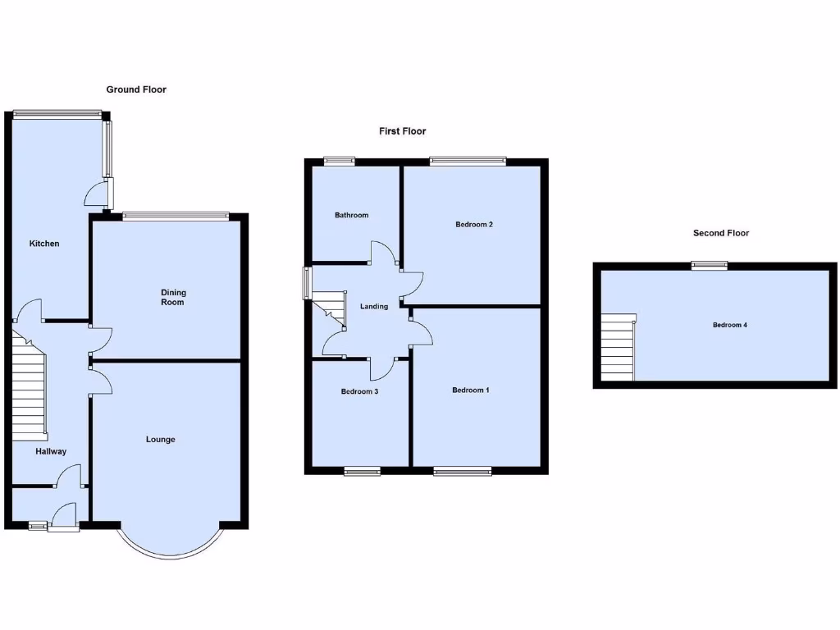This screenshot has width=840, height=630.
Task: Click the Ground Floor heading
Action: coord(136,89)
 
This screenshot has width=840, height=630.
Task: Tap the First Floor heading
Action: coord(402,131)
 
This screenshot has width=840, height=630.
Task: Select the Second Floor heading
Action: coord(720,233)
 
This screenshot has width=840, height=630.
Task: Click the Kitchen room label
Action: coord(44,244)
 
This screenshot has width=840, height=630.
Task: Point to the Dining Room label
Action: coord(172,297)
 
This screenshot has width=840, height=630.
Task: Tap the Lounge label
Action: coord(161,440)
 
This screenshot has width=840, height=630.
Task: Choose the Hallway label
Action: coord(51,451)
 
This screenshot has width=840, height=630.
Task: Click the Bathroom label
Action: coord(351,215)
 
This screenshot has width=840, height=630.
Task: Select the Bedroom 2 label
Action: coord(473,224)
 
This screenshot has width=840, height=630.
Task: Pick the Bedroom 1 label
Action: coord(471,390)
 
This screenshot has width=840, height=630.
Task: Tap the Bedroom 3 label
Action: coord(359,391)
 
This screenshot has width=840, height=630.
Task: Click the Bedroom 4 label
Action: coord(729,325)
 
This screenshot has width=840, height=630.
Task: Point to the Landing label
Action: coord(374,307)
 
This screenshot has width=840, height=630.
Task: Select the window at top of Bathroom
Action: coord(338,162)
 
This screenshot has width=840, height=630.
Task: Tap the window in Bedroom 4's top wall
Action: coord(709,265)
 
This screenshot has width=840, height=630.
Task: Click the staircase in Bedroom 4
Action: coord(619,347)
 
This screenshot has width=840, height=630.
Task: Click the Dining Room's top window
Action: coord(176,216)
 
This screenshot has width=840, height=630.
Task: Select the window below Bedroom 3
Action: coord(362,470)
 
